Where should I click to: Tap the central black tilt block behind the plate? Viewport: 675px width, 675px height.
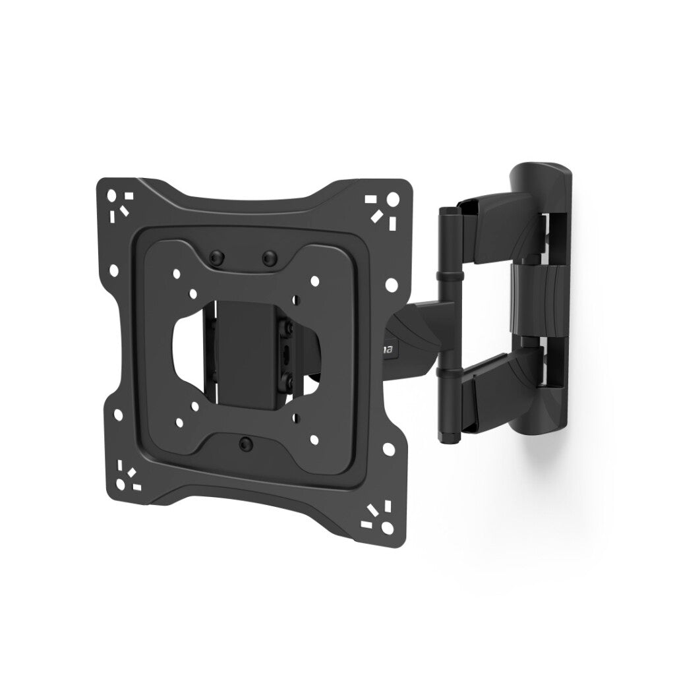click(x=248, y=349)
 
